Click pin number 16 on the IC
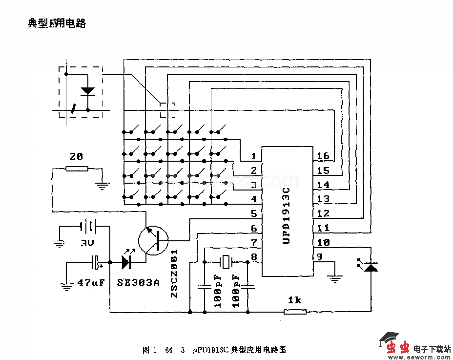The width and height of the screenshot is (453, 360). tap(323, 156)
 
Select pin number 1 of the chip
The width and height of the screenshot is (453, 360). tap(253, 156)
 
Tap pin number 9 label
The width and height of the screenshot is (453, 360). tap(319, 256)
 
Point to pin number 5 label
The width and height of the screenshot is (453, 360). tap(253, 213)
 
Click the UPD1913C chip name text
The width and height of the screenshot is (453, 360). tap(287, 215)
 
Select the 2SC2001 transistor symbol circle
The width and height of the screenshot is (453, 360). tap(153, 240)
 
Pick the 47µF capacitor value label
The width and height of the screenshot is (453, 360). tap(91, 282)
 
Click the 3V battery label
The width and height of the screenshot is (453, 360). tap(88, 243)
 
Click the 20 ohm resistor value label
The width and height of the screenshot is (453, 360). tap(76, 157)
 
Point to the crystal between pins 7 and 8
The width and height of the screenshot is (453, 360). tap(226, 262)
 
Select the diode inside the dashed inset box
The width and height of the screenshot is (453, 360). tap(88, 91)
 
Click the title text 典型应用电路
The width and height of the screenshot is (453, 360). tap(57, 23)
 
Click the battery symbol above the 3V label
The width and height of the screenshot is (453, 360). tap(88, 227)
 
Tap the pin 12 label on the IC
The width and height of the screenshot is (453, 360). tap(323, 213)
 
